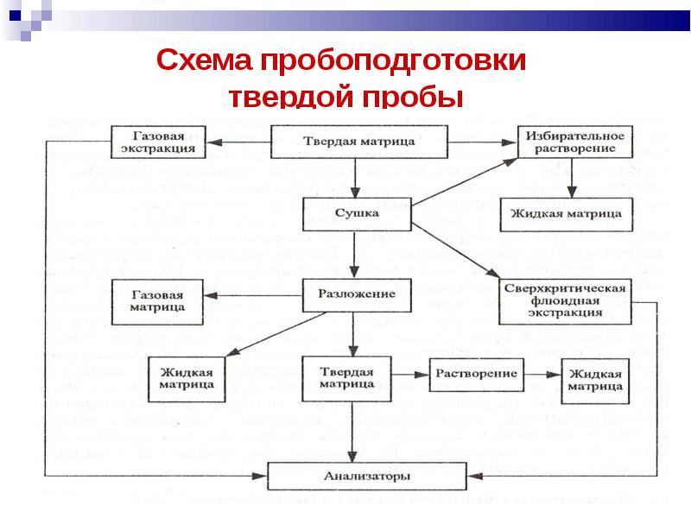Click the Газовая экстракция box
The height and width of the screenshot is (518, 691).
point(158,142)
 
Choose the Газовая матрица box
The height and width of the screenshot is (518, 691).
point(158,300)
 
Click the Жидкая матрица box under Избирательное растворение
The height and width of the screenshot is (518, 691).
point(567,212)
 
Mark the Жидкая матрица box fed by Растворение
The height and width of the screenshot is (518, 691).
point(596,380)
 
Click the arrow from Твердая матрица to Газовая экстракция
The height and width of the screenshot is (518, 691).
point(240,141)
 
